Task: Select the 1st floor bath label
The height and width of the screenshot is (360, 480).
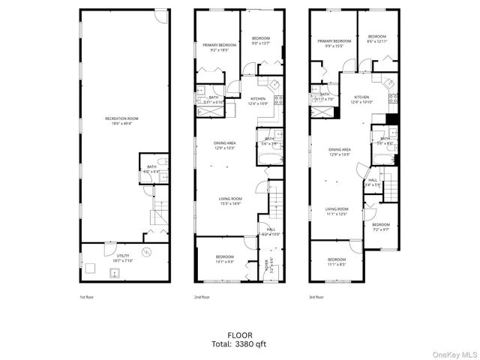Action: [151, 169]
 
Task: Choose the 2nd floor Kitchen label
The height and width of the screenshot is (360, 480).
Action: [258, 100]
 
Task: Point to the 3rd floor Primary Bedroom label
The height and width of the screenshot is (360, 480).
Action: [334, 43]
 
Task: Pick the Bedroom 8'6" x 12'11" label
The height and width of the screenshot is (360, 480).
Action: [376, 38]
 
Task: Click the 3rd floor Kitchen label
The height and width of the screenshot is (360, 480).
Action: [361, 99]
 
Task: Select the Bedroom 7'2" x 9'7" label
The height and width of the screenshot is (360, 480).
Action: [381, 226]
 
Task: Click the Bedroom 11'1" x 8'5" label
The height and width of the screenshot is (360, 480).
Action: [337, 262]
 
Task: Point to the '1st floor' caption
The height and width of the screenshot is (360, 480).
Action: [87, 297]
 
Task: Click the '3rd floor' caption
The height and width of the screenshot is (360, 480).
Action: [317, 297]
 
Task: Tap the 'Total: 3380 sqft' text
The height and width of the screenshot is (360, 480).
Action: [240, 344]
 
